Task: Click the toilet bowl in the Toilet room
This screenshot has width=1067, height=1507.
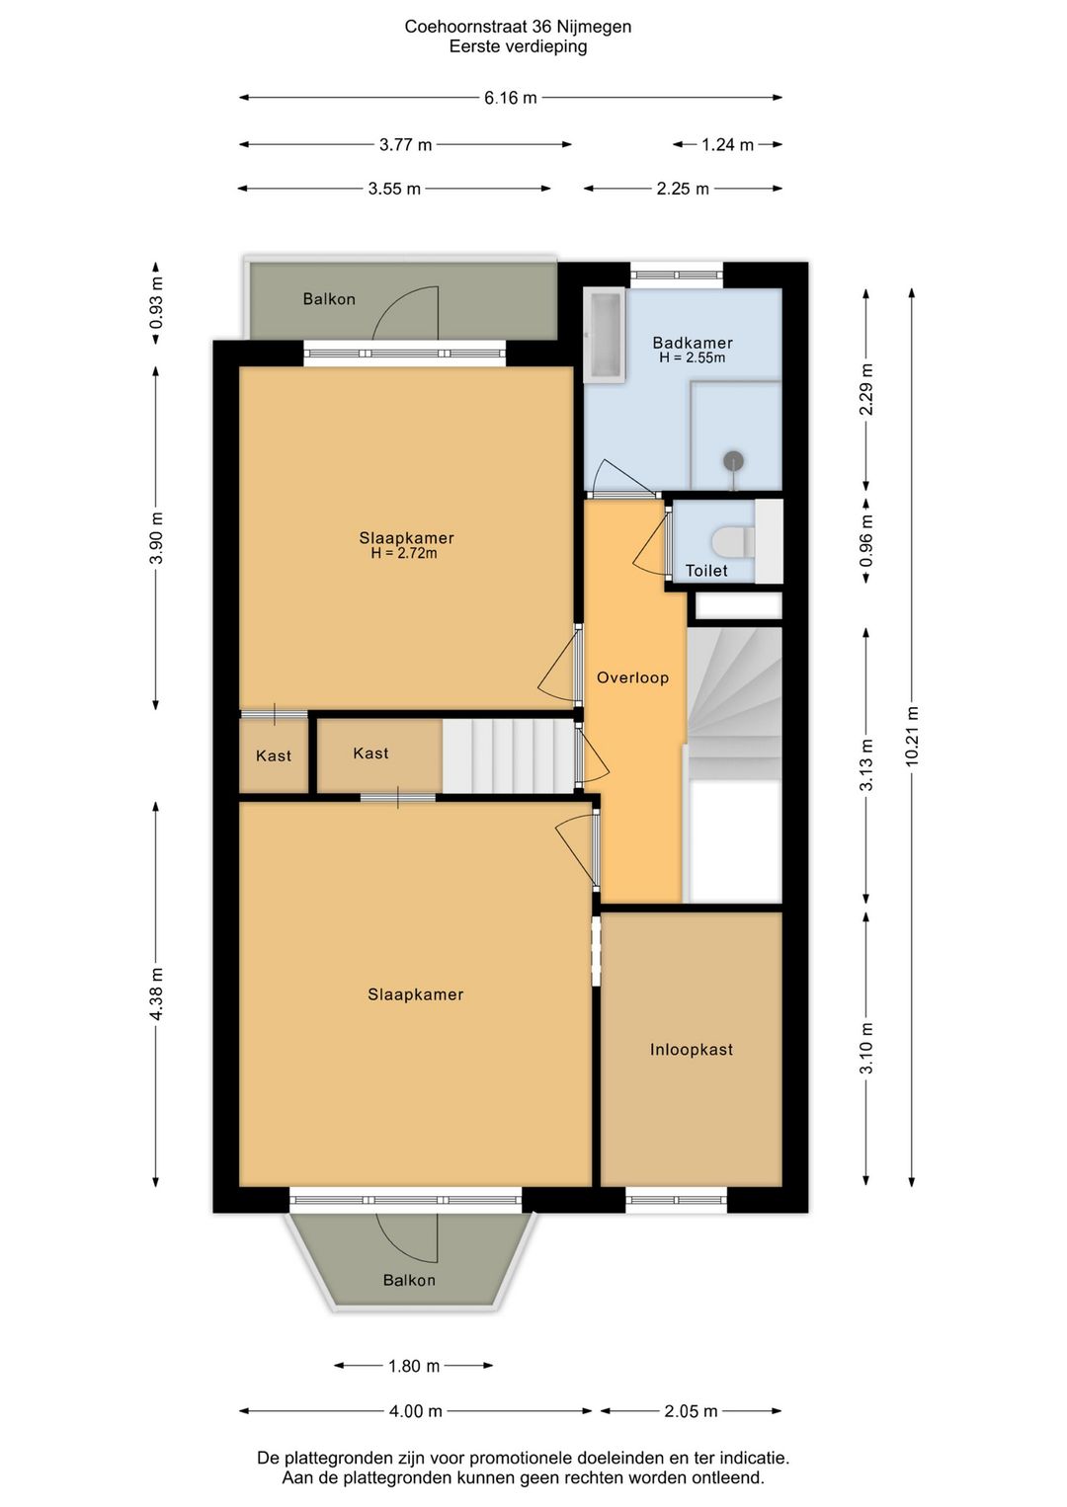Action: coord(732,541)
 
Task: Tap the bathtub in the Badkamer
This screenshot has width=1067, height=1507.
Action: coord(604,334)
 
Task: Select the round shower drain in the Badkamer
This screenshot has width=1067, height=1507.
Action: coord(733,460)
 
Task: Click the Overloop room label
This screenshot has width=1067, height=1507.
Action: coord(632,677)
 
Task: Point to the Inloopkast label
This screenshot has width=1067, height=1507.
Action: coord(692,1050)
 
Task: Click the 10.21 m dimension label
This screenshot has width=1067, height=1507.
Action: coord(912,736)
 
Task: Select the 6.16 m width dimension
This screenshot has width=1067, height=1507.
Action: coord(511,98)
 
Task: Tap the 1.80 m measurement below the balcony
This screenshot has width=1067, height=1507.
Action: coord(414,1366)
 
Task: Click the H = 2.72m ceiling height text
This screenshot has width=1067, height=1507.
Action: coord(404,554)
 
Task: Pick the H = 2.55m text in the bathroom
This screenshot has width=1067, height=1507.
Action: coord(693,358)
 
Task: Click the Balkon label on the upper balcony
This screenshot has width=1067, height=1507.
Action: coord(329,299)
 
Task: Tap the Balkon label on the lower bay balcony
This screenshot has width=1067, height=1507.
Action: coord(409,1280)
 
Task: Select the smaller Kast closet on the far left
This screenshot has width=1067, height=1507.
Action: coord(274,756)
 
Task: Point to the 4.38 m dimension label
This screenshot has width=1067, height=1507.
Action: coord(156,994)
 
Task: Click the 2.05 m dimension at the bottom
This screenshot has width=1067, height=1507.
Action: coord(691,1411)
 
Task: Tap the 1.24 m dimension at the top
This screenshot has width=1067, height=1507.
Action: coord(727,145)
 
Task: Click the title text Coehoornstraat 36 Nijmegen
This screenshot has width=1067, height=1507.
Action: coord(518,27)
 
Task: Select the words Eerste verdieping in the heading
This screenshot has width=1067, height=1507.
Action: coord(518,46)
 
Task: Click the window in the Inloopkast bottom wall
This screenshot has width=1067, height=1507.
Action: coord(677,1200)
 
